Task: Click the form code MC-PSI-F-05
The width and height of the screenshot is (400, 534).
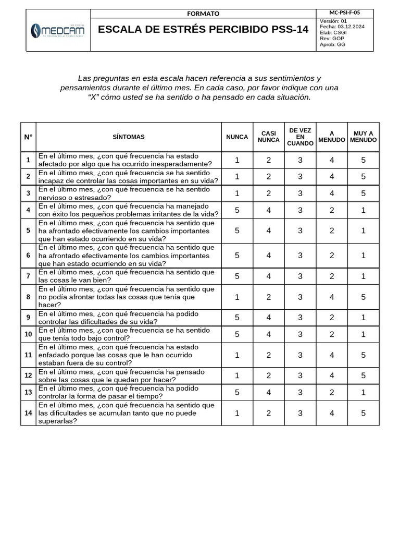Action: tap(345, 13)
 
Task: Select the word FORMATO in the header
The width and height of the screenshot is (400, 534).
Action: tap(203, 14)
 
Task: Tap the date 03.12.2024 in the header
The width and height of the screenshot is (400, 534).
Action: tap(345, 27)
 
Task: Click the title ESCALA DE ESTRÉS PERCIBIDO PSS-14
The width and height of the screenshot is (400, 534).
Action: tap(203, 30)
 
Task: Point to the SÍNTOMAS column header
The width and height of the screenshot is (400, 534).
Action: tap(129, 137)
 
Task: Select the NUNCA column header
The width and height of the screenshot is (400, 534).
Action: tap(237, 137)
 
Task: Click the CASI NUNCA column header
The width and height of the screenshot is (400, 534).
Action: tap(269, 137)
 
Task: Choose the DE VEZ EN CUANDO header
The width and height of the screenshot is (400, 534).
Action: tap(300, 137)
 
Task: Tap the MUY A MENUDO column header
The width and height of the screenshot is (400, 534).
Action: tap(364, 137)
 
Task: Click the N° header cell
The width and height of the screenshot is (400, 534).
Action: tap(28, 137)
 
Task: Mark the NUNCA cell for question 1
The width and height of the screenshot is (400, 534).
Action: tap(237, 160)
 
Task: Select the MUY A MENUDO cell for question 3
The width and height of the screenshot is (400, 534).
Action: tap(364, 193)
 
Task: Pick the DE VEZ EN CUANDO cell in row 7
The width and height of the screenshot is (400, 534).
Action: tap(300, 276)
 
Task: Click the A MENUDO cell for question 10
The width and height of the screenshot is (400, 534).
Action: tap(332, 334)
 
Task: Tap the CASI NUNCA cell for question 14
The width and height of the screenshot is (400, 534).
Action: tap(269, 413)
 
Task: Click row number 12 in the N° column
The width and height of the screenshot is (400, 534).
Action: tap(28, 375)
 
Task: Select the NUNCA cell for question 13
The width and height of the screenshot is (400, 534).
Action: tap(237, 392)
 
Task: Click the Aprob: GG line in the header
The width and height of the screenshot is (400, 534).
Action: tap(332, 45)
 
